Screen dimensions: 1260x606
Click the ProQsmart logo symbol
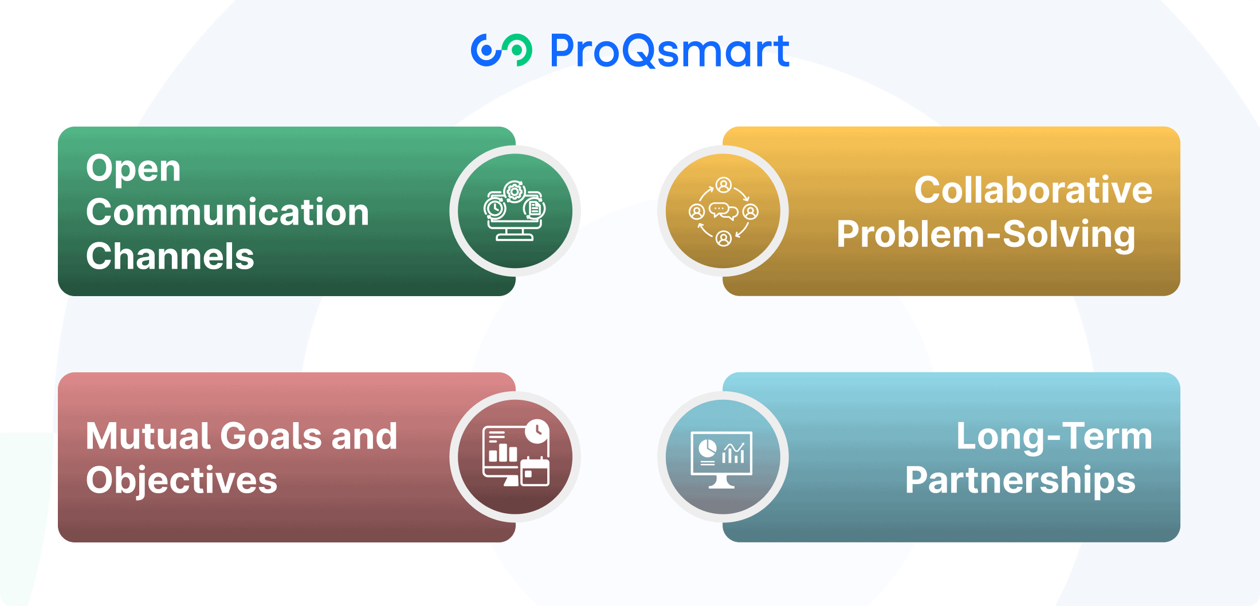(x=501, y=50)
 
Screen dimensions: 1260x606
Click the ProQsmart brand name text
(x=670, y=51)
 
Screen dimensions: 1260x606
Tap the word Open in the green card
(x=134, y=170)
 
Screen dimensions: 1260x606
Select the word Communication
(x=227, y=212)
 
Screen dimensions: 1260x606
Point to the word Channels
(x=170, y=256)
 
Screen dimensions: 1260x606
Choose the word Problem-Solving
(x=986, y=235)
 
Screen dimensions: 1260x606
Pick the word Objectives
(x=182, y=480)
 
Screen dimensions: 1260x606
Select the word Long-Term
(x=1054, y=437)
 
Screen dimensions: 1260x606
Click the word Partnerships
(x=1020, y=481)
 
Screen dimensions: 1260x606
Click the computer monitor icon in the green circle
(x=515, y=226)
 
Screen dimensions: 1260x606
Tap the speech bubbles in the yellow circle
(x=724, y=211)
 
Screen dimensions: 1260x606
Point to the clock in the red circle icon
(x=537, y=431)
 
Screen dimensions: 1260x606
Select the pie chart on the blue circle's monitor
(x=708, y=448)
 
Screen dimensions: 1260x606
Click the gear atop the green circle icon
(x=515, y=191)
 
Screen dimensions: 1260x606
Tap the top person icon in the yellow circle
(x=724, y=185)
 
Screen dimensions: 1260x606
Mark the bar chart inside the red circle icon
(x=503, y=452)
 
